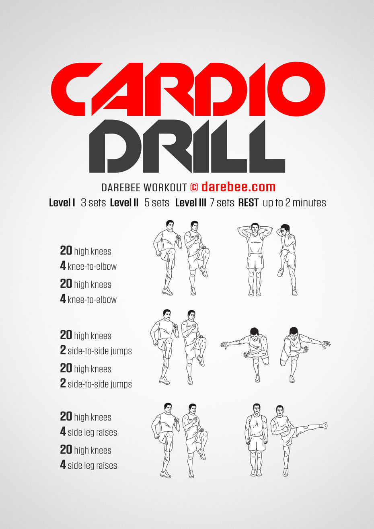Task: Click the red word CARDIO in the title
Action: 188,89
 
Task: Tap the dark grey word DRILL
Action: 187,146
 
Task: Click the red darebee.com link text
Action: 238,187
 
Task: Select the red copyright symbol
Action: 194,187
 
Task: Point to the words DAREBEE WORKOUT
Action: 144,188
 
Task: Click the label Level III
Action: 191,203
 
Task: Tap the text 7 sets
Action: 222,203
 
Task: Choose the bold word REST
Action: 248,203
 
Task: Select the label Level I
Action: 62,203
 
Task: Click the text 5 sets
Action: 157,203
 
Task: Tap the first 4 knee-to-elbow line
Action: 88,266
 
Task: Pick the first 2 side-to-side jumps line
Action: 96,351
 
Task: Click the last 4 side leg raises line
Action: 88,465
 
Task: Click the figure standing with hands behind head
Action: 255,259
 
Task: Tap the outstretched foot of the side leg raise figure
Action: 323,425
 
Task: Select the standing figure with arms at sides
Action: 256,440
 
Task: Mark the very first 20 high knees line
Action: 86,251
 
